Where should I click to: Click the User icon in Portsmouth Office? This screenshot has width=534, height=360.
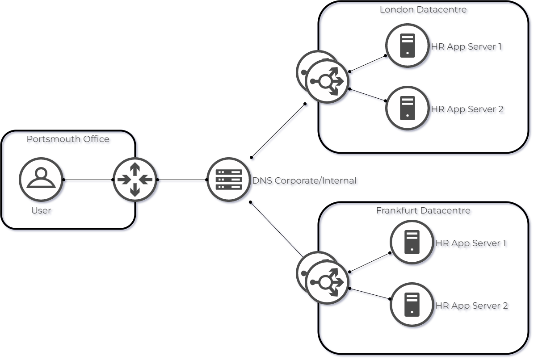pyautogui.click(x=41, y=179)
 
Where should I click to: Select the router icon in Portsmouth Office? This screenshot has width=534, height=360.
pyautogui.click(x=135, y=180)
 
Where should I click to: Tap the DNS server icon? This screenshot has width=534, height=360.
pyautogui.click(x=228, y=180)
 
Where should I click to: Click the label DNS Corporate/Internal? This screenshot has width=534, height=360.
pyautogui.click(x=306, y=182)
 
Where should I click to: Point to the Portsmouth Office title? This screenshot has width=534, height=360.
pyautogui.click(x=69, y=140)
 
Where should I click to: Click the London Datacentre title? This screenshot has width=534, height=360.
pyautogui.click(x=424, y=11)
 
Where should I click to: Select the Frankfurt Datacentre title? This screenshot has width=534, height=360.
pyautogui.click(x=424, y=211)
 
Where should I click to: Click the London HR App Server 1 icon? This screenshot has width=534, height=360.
pyautogui.click(x=407, y=45)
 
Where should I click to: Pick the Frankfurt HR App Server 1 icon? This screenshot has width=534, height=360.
pyautogui.click(x=412, y=242)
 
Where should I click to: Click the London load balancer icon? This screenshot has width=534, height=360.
pyautogui.click(x=328, y=81)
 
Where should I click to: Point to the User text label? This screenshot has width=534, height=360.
pyautogui.click(x=42, y=211)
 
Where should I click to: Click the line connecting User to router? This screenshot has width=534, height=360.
pyautogui.click(x=88, y=180)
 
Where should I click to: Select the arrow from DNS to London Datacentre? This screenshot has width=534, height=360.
pyautogui.click(x=280, y=132)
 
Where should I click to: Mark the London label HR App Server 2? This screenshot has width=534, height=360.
pyautogui.click(x=469, y=110)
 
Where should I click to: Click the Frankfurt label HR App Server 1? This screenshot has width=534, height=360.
pyautogui.click(x=472, y=244)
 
